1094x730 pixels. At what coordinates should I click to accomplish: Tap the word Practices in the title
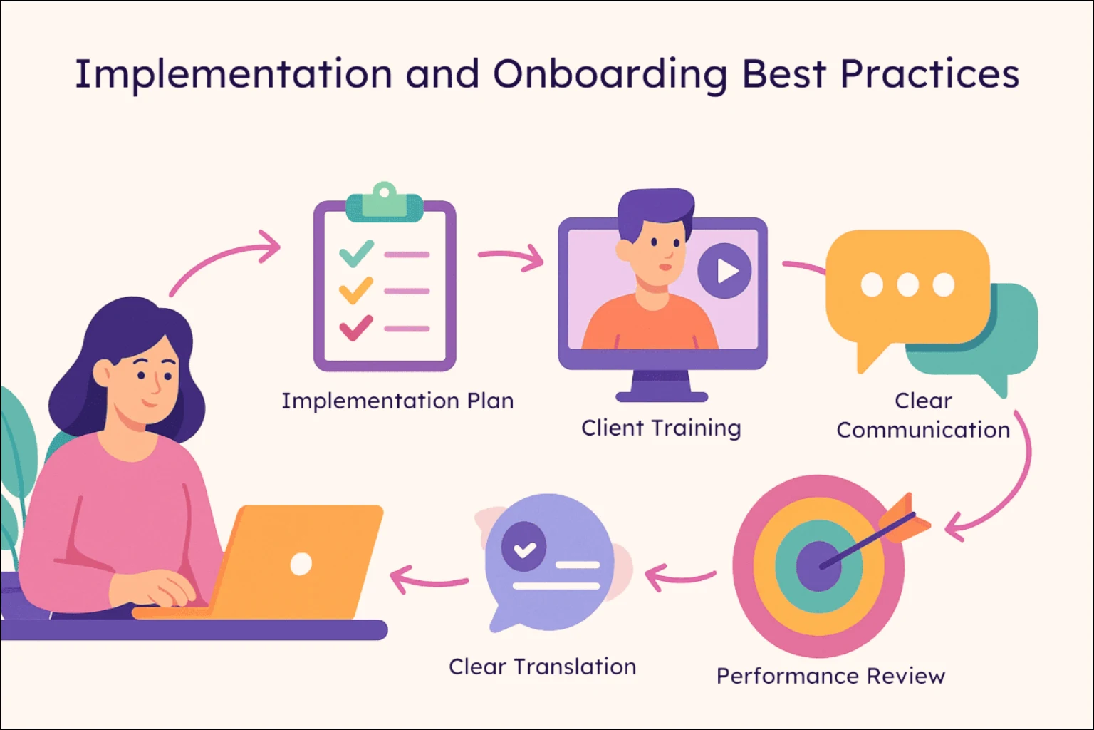pyautogui.click(x=929, y=73)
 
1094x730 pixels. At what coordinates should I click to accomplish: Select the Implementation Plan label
pyautogui.click(x=397, y=401)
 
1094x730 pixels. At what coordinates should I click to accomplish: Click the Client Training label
pyautogui.click(x=661, y=428)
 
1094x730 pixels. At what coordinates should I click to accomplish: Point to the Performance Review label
pyautogui.click(x=830, y=677)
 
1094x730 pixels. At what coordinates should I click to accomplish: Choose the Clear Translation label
pyautogui.click(x=543, y=667)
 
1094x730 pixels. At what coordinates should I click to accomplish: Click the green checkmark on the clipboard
pyautogui.click(x=357, y=253)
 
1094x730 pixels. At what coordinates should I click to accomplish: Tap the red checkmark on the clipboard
pyautogui.click(x=357, y=328)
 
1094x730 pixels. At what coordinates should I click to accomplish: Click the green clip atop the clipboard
pyautogui.click(x=385, y=203)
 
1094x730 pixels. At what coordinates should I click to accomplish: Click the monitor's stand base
pyautogui.click(x=662, y=396)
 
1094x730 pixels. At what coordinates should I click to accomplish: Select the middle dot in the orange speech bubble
pyautogui.click(x=907, y=285)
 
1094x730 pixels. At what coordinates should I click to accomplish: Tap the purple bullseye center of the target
pyautogui.click(x=818, y=566)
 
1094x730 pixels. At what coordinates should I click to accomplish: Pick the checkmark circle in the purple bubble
pyautogui.click(x=524, y=545)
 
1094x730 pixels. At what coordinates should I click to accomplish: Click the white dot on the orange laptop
pyautogui.click(x=301, y=564)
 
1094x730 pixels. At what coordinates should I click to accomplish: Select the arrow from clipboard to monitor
pyautogui.click(x=511, y=257)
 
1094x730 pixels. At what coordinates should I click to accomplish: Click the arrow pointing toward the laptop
pyautogui.click(x=429, y=579)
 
